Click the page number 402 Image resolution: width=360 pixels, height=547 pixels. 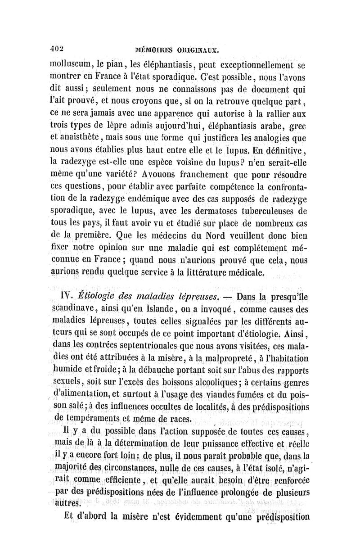click(57, 48)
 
